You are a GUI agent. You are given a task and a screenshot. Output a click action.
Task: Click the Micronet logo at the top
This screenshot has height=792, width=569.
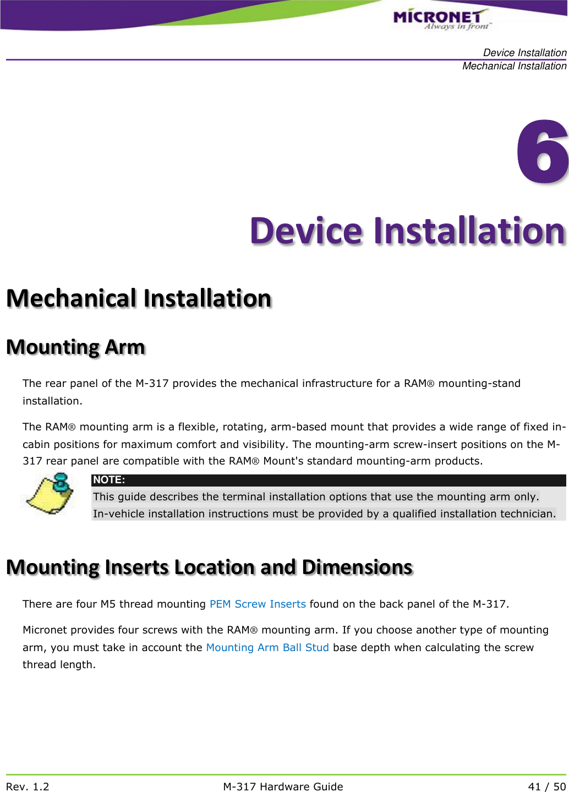440,19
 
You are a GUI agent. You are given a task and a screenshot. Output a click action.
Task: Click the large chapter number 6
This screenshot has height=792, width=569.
542,151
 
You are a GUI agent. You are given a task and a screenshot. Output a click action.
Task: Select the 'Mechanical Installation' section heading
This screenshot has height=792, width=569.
139,298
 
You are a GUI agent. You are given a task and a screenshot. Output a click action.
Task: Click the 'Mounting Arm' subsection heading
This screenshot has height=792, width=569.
75,347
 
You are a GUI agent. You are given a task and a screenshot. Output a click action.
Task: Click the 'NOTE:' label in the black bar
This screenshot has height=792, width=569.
109,480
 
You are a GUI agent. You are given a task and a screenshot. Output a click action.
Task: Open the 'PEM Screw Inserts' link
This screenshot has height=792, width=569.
258,604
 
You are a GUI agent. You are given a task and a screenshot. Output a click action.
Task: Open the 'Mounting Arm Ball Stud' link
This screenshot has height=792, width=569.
267,647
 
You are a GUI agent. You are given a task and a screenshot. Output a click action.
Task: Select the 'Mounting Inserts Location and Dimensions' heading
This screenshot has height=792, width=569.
209,567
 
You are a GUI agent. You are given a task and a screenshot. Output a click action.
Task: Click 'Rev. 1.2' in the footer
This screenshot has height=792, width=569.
28,786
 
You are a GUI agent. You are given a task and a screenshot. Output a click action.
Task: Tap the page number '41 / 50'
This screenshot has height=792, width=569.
546,786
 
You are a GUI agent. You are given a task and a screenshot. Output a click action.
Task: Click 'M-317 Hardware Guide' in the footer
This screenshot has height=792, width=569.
283,786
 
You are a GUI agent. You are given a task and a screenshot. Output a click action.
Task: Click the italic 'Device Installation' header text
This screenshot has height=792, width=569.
524,53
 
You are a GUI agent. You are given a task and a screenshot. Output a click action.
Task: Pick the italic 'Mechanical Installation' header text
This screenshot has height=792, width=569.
514,66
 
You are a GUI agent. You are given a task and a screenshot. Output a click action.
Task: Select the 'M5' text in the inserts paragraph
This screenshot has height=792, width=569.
108,604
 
